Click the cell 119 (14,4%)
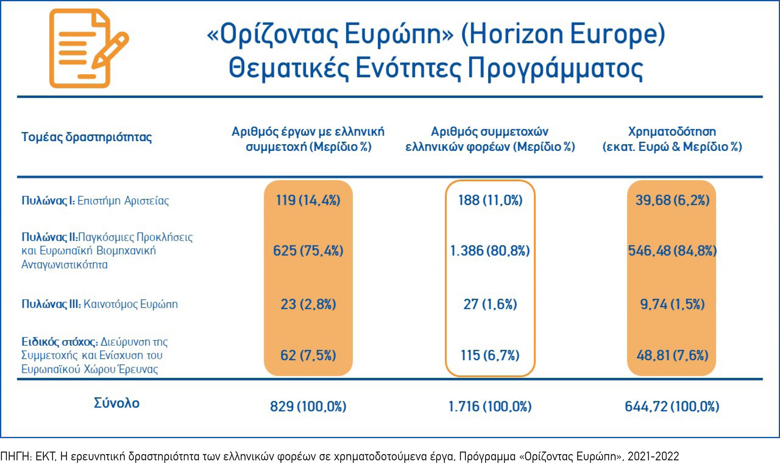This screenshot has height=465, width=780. click(308, 200)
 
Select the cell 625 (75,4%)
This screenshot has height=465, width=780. click(308, 251)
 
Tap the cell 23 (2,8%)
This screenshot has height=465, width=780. click(308, 304)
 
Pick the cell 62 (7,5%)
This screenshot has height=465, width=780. click(308, 355)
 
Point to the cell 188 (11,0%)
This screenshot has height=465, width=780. click(490, 200)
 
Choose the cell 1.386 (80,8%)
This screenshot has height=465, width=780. click(490, 251)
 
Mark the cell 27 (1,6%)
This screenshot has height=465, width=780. click(490, 304)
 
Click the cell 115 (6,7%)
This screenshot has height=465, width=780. click(490, 355)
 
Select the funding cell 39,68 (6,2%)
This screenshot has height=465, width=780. click(672, 200)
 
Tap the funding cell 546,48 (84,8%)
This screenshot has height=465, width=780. click(672, 251)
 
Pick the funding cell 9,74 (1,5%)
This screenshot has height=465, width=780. click(672, 304)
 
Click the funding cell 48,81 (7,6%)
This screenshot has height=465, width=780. click(672, 355)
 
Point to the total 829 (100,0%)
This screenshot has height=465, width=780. click(308, 407)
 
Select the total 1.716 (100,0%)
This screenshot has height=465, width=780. click(490, 407)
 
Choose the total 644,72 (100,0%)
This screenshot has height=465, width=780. click(672, 407)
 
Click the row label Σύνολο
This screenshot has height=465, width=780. click(116, 403)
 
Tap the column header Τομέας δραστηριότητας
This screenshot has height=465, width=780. click(87, 137)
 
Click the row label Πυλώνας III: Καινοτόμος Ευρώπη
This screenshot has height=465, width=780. click(99, 304)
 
